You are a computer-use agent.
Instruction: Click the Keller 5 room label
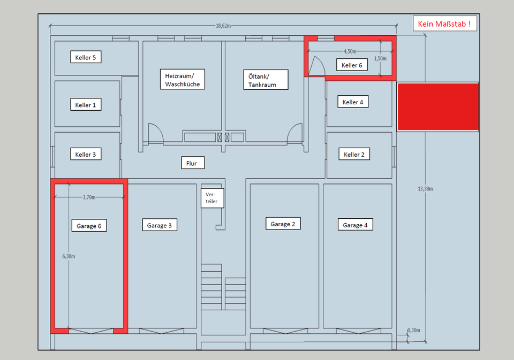click(86, 57)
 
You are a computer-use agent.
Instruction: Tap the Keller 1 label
click(86, 105)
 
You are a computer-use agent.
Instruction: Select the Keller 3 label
click(86, 155)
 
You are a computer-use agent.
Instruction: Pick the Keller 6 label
click(352, 65)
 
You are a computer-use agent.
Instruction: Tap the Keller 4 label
click(353, 102)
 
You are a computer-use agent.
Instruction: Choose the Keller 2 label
click(354, 155)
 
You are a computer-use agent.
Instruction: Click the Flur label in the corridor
click(192, 163)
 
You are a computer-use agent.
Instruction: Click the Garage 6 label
click(89, 226)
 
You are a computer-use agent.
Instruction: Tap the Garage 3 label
click(159, 225)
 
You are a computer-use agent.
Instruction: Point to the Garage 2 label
click(283, 224)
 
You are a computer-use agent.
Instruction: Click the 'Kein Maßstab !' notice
click(444, 24)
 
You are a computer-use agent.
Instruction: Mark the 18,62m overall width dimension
click(223, 26)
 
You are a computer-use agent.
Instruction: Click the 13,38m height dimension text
click(425, 188)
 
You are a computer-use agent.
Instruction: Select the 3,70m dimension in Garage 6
click(89, 197)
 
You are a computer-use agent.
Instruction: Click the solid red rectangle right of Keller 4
click(438, 107)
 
